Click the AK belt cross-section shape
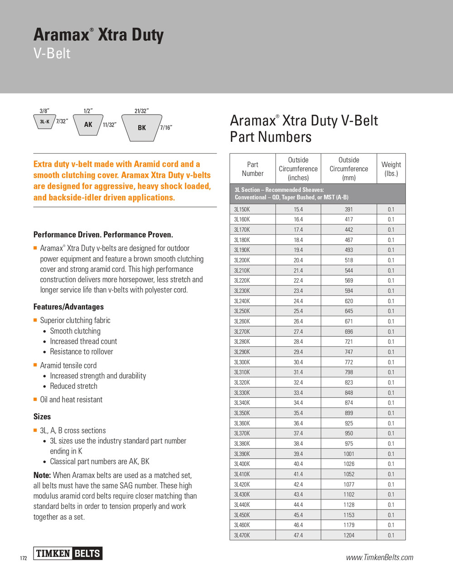[x=88, y=124]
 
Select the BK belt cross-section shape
[x=142, y=127]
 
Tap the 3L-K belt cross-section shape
[x=44, y=121]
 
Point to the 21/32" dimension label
[x=141, y=111]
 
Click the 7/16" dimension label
[x=166, y=128]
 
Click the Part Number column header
[x=252, y=169]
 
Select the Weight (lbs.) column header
[x=391, y=169]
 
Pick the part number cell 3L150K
[x=242, y=209]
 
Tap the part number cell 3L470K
[x=242, y=535]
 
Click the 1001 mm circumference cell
[x=349, y=454]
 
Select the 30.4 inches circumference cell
[x=298, y=362]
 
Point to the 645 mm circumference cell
[x=349, y=311]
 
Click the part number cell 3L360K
[x=242, y=423]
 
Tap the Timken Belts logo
[x=68, y=553]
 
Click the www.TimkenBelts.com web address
[x=380, y=557]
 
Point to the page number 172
[x=24, y=558]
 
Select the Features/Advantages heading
[x=68, y=307]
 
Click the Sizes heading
[x=42, y=416]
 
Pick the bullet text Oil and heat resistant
[x=71, y=400]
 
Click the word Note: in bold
[x=42, y=475]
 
